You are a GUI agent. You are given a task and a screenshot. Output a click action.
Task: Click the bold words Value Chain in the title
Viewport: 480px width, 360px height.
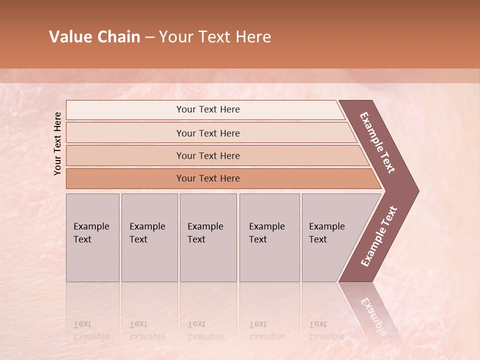point(94,37)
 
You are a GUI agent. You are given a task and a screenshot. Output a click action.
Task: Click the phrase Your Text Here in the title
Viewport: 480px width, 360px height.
point(215,37)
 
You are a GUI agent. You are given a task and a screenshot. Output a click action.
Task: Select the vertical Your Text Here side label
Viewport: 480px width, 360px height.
point(57,143)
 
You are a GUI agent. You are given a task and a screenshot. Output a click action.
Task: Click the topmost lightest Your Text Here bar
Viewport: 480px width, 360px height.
point(207,109)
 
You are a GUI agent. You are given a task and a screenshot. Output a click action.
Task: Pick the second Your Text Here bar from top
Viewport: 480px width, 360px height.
point(207,133)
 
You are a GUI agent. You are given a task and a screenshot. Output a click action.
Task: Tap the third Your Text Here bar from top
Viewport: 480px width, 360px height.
point(207,155)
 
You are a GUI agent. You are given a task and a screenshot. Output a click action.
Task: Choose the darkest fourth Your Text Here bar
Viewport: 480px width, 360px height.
point(207,178)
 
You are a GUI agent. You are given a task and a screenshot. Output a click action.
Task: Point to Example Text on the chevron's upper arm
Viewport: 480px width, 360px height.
point(377,143)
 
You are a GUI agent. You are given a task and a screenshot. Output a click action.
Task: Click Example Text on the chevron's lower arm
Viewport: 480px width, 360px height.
point(378,236)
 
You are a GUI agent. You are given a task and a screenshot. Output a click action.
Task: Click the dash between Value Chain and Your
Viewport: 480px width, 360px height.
point(149,37)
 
